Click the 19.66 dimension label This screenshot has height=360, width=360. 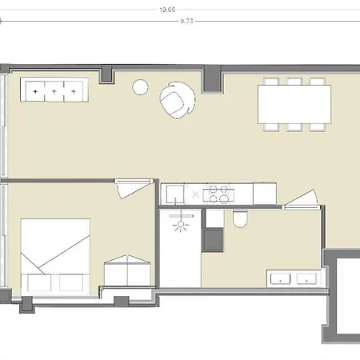[x=167, y=10]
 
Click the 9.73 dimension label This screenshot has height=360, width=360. [x=186, y=21]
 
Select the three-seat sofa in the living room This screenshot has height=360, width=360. [x=54, y=90]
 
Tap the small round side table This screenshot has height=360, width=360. [x=140, y=87]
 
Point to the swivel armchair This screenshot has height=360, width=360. [x=177, y=100]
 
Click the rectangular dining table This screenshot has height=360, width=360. [x=294, y=104]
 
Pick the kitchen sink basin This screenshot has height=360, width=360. [x=175, y=194]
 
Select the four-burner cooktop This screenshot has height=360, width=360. [x=218, y=194]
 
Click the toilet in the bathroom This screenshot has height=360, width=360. [x=240, y=219]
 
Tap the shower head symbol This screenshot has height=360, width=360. [x=181, y=225]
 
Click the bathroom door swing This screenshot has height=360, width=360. [x=301, y=199]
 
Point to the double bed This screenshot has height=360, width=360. [x=55, y=255]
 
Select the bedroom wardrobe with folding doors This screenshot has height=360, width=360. [x=127, y=270]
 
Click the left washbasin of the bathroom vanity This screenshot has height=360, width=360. [x=280, y=278]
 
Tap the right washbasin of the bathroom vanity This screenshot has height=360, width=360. [x=306, y=278]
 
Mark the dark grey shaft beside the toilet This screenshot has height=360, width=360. [x=213, y=240]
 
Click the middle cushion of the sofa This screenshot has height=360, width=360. [x=54, y=91]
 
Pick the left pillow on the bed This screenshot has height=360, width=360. [x=39, y=282]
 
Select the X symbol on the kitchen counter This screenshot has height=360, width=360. [x=195, y=194]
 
